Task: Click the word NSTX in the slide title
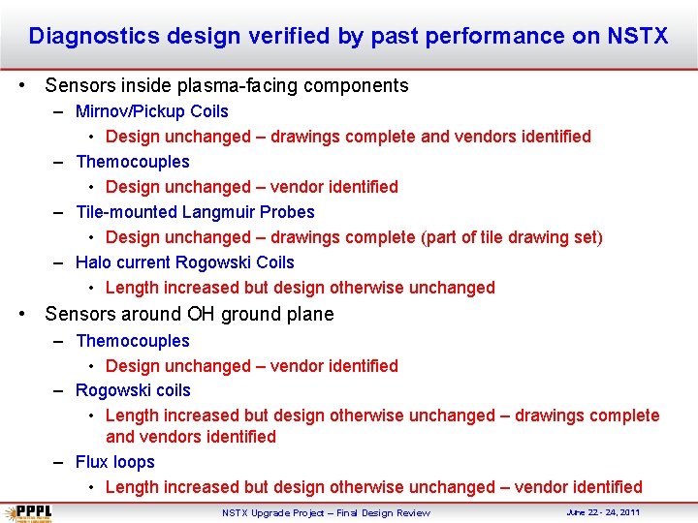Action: point(638,37)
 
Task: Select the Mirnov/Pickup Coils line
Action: point(152,111)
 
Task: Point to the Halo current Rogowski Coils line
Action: point(184,262)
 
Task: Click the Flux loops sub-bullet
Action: point(115,462)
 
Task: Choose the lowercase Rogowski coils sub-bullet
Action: point(133,390)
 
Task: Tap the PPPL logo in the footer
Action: point(29,512)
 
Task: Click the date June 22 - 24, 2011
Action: point(603,511)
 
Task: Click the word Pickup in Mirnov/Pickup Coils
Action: point(161,111)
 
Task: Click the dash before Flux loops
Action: point(59,462)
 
